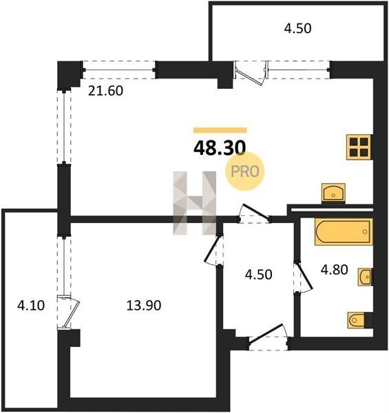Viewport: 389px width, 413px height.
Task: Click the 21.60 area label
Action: point(105,91)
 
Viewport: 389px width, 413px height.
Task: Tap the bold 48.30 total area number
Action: point(220,148)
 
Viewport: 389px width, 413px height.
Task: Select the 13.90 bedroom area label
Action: point(144,306)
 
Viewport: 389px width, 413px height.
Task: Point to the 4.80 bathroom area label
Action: point(334,270)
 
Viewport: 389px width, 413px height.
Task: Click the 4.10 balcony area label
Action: point(31,306)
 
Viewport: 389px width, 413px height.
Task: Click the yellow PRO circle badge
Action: point(245,171)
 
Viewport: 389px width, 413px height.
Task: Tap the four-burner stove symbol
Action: point(359,147)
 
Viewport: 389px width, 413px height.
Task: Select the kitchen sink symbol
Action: point(333,193)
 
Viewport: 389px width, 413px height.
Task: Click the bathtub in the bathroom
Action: point(344,231)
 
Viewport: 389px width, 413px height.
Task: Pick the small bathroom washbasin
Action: point(366,277)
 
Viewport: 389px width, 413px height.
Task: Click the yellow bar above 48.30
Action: point(220,130)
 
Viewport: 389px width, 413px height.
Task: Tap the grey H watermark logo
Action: point(195,203)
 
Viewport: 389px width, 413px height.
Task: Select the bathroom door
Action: point(303,277)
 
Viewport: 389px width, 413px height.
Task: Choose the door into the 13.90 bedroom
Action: point(214,251)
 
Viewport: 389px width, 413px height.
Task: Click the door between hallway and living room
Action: point(254,214)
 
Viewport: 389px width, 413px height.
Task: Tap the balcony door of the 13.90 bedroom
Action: point(69,313)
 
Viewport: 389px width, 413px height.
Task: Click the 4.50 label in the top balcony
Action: point(297,28)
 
